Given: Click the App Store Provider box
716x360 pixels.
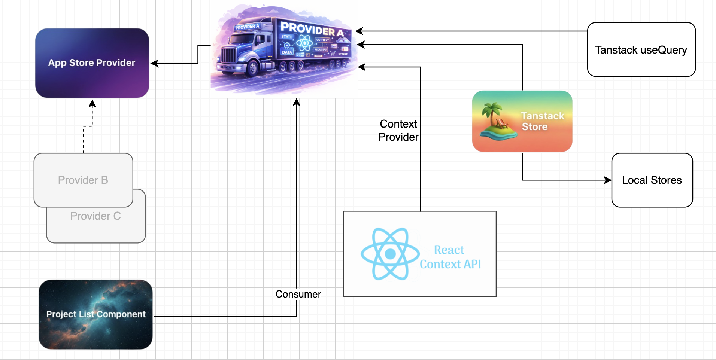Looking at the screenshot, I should pos(92,63).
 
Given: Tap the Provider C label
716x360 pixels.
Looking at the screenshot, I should pos(95,216).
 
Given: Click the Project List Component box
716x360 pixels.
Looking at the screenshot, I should pos(95,314).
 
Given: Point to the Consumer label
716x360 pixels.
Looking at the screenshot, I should pos(298,294).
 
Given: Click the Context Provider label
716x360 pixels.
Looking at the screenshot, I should pos(398,130).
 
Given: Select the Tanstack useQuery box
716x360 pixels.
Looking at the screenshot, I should pos(641,50).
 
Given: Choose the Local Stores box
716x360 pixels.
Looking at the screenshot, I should pos(652,180).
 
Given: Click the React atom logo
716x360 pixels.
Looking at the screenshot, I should pos(390,254).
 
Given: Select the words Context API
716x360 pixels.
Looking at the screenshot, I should pos(450,264).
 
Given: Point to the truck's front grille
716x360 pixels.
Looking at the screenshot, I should pos(228,56).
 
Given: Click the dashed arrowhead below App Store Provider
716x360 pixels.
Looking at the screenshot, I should pos(92,103).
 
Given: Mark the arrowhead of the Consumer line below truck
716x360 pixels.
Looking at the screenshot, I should pos(297,102).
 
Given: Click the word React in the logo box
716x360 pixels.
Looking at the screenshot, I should pos(449,250).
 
